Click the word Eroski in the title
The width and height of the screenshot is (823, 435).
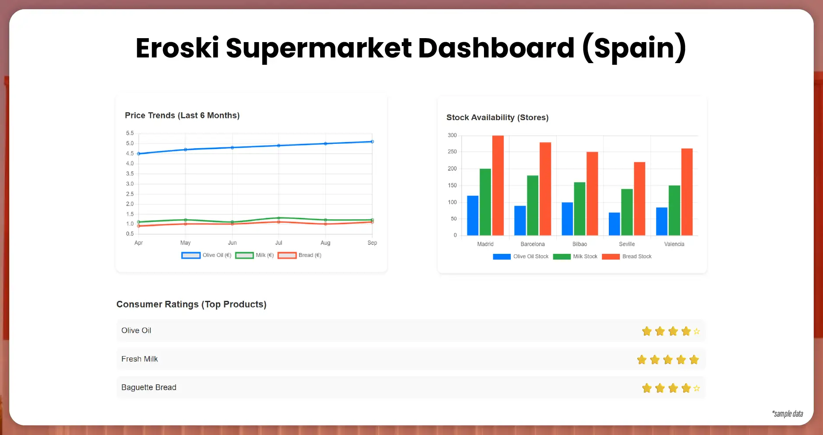(x=177, y=48)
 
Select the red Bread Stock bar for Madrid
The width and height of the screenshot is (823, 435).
(x=498, y=185)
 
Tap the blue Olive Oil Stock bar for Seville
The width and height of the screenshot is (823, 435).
(x=614, y=224)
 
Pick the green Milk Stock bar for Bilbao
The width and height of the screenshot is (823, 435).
(x=579, y=209)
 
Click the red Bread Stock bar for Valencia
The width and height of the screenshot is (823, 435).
(x=687, y=192)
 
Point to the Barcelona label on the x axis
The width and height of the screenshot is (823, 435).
(x=532, y=244)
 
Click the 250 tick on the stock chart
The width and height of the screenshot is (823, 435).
(x=452, y=152)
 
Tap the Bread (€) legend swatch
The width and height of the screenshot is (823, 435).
(x=287, y=255)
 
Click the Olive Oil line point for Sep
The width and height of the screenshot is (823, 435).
(x=372, y=142)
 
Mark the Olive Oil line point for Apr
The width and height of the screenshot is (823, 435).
(x=139, y=153)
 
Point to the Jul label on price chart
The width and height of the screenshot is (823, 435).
(x=279, y=243)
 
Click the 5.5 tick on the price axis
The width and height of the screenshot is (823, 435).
(x=130, y=133)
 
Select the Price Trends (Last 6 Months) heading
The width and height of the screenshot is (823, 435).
(x=182, y=115)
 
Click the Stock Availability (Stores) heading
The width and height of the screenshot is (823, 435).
(x=497, y=118)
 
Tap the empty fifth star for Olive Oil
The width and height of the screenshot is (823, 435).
(x=696, y=332)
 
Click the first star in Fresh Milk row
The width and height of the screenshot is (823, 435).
(x=642, y=360)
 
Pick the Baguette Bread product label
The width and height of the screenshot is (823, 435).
(x=148, y=387)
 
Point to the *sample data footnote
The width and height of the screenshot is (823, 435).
(x=787, y=414)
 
